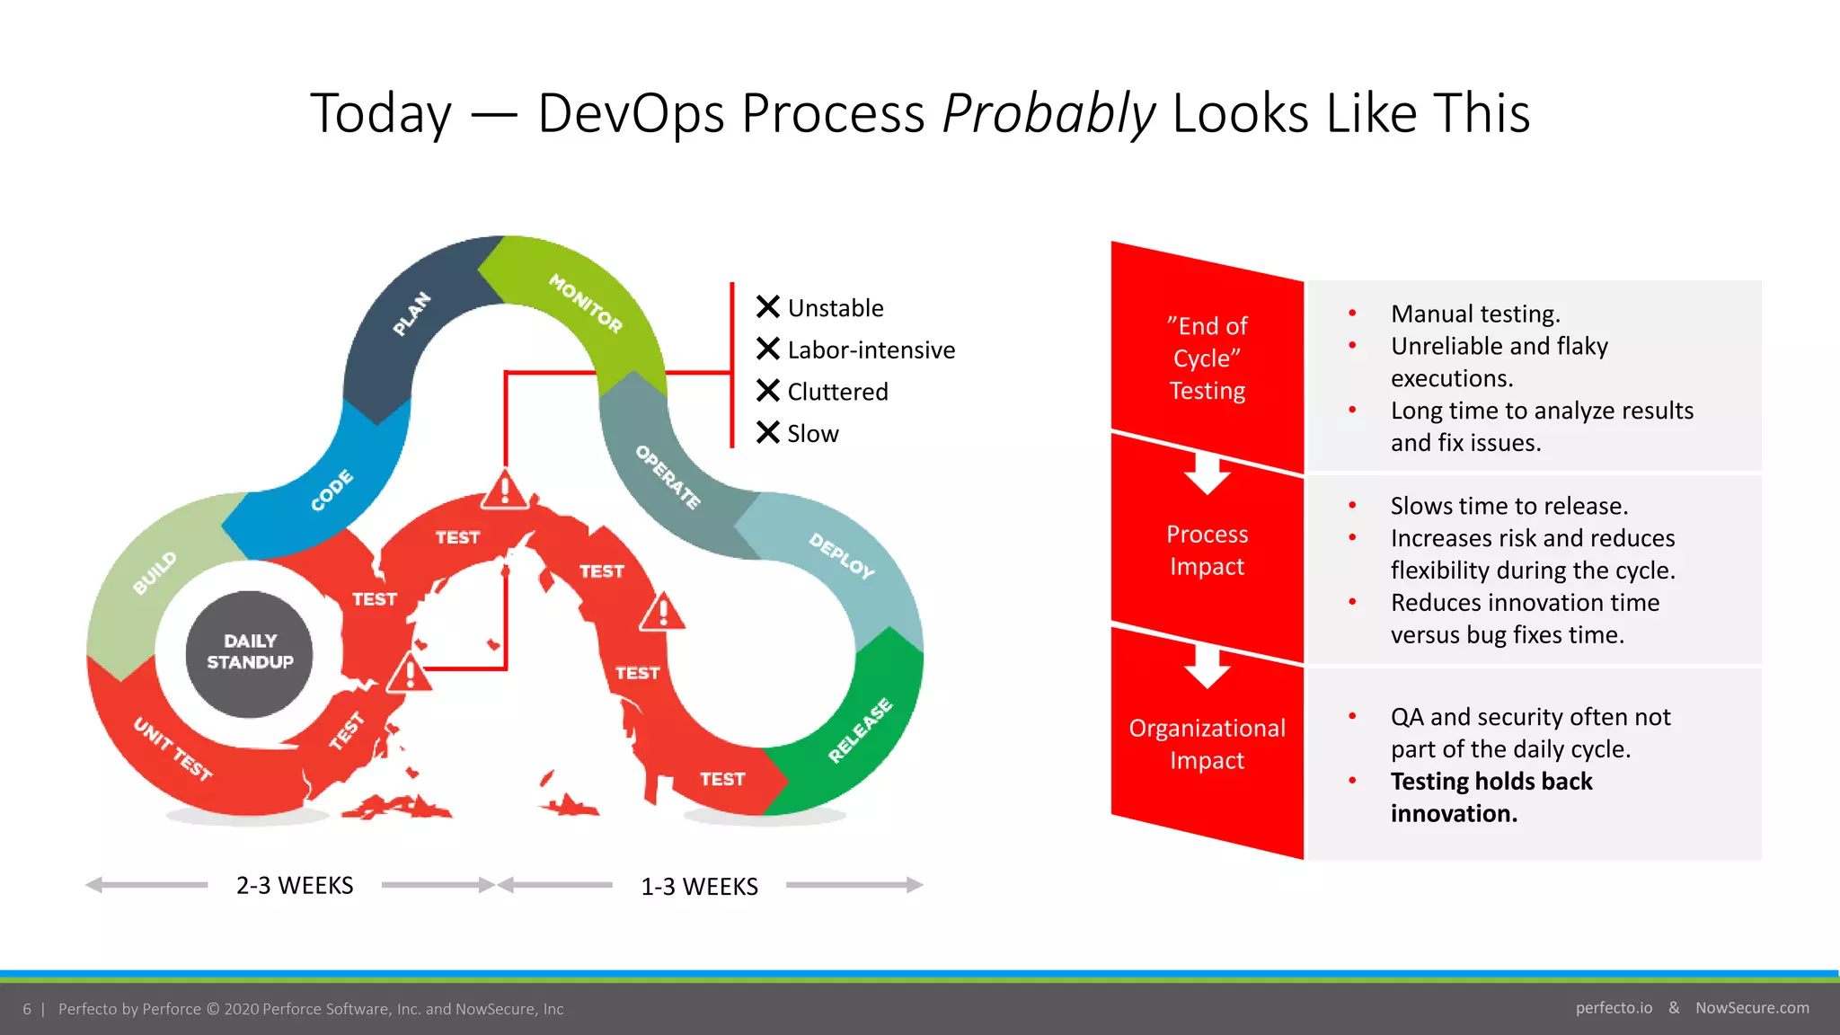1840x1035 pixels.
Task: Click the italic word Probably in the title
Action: tap(1048, 114)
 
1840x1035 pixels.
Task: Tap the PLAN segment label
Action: tap(412, 314)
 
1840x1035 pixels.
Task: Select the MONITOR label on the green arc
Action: tap(586, 303)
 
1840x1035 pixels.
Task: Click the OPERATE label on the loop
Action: tap(668, 477)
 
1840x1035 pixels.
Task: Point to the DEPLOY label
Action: tap(841, 555)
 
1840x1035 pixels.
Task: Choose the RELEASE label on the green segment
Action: tap(860, 730)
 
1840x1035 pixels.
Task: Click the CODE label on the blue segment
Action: tap(332, 490)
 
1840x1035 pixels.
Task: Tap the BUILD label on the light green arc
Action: tap(155, 573)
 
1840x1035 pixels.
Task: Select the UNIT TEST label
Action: tap(172, 749)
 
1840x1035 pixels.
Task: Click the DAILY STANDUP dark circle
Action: tap(250, 653)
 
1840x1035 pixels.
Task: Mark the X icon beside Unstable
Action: tap(767, 307)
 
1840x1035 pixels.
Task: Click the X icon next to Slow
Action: tap(767, 433)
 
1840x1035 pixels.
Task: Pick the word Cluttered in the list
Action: tap(837, 392)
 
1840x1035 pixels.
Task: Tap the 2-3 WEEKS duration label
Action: tap(295, 886)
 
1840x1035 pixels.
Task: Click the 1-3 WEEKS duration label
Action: tap(699, 887)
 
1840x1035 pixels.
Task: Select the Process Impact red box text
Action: tap(1207, 550)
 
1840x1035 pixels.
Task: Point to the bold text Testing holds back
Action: tap(1491, 781)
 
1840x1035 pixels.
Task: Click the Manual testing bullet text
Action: tap(1475, 314)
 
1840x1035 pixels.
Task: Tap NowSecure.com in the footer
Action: tap(1752, 1008)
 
